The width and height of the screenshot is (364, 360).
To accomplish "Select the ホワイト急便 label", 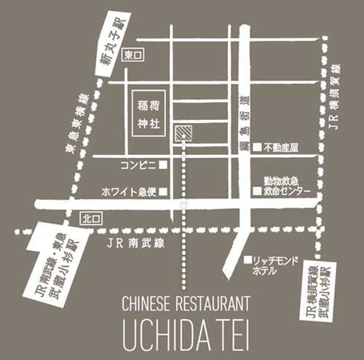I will [x=130, y=192].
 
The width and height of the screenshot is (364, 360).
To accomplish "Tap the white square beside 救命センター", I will [x=256, y=191].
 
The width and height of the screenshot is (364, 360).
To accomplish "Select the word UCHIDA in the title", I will [x=160, y=333].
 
